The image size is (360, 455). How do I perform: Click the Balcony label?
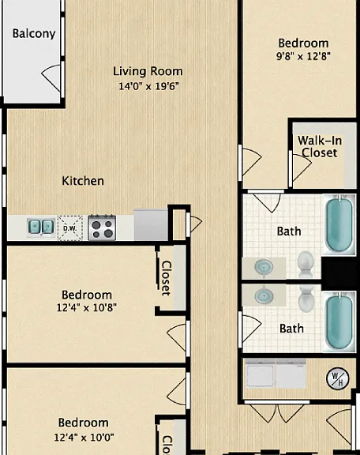[34, 34]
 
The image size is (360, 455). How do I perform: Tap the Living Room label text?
[148, 71]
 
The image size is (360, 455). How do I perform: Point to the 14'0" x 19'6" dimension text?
[148, 86]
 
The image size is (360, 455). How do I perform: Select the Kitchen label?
[83, 181]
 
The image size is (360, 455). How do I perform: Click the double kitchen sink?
[41, 227]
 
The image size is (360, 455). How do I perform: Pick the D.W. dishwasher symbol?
[70, 228]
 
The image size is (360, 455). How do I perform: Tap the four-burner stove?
[102, 227]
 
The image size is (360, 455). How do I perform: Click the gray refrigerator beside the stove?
[151, 224]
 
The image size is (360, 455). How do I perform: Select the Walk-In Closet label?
[320, 147]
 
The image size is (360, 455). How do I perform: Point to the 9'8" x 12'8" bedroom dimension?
[303, 56]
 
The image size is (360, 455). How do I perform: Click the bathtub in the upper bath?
[339, 224]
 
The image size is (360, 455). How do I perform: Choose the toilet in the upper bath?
[306, 265]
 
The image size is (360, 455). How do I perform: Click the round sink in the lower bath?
[264, 296]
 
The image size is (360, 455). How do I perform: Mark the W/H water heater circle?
[338, 378]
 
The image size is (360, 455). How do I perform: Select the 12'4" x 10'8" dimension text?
[87, 307]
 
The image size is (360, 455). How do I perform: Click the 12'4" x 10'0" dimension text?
[84, 437]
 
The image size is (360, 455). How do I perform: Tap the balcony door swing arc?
[51, 78]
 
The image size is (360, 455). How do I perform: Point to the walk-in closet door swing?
[302, 167]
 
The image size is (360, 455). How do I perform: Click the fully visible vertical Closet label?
[166, 278]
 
